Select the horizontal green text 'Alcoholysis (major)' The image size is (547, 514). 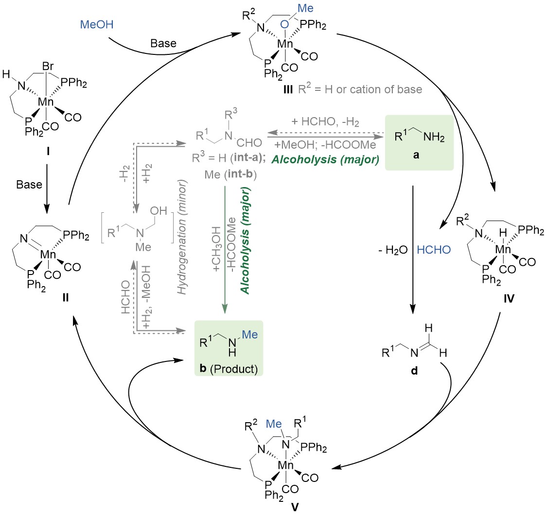pyautogui.click(x=325, y=159)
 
